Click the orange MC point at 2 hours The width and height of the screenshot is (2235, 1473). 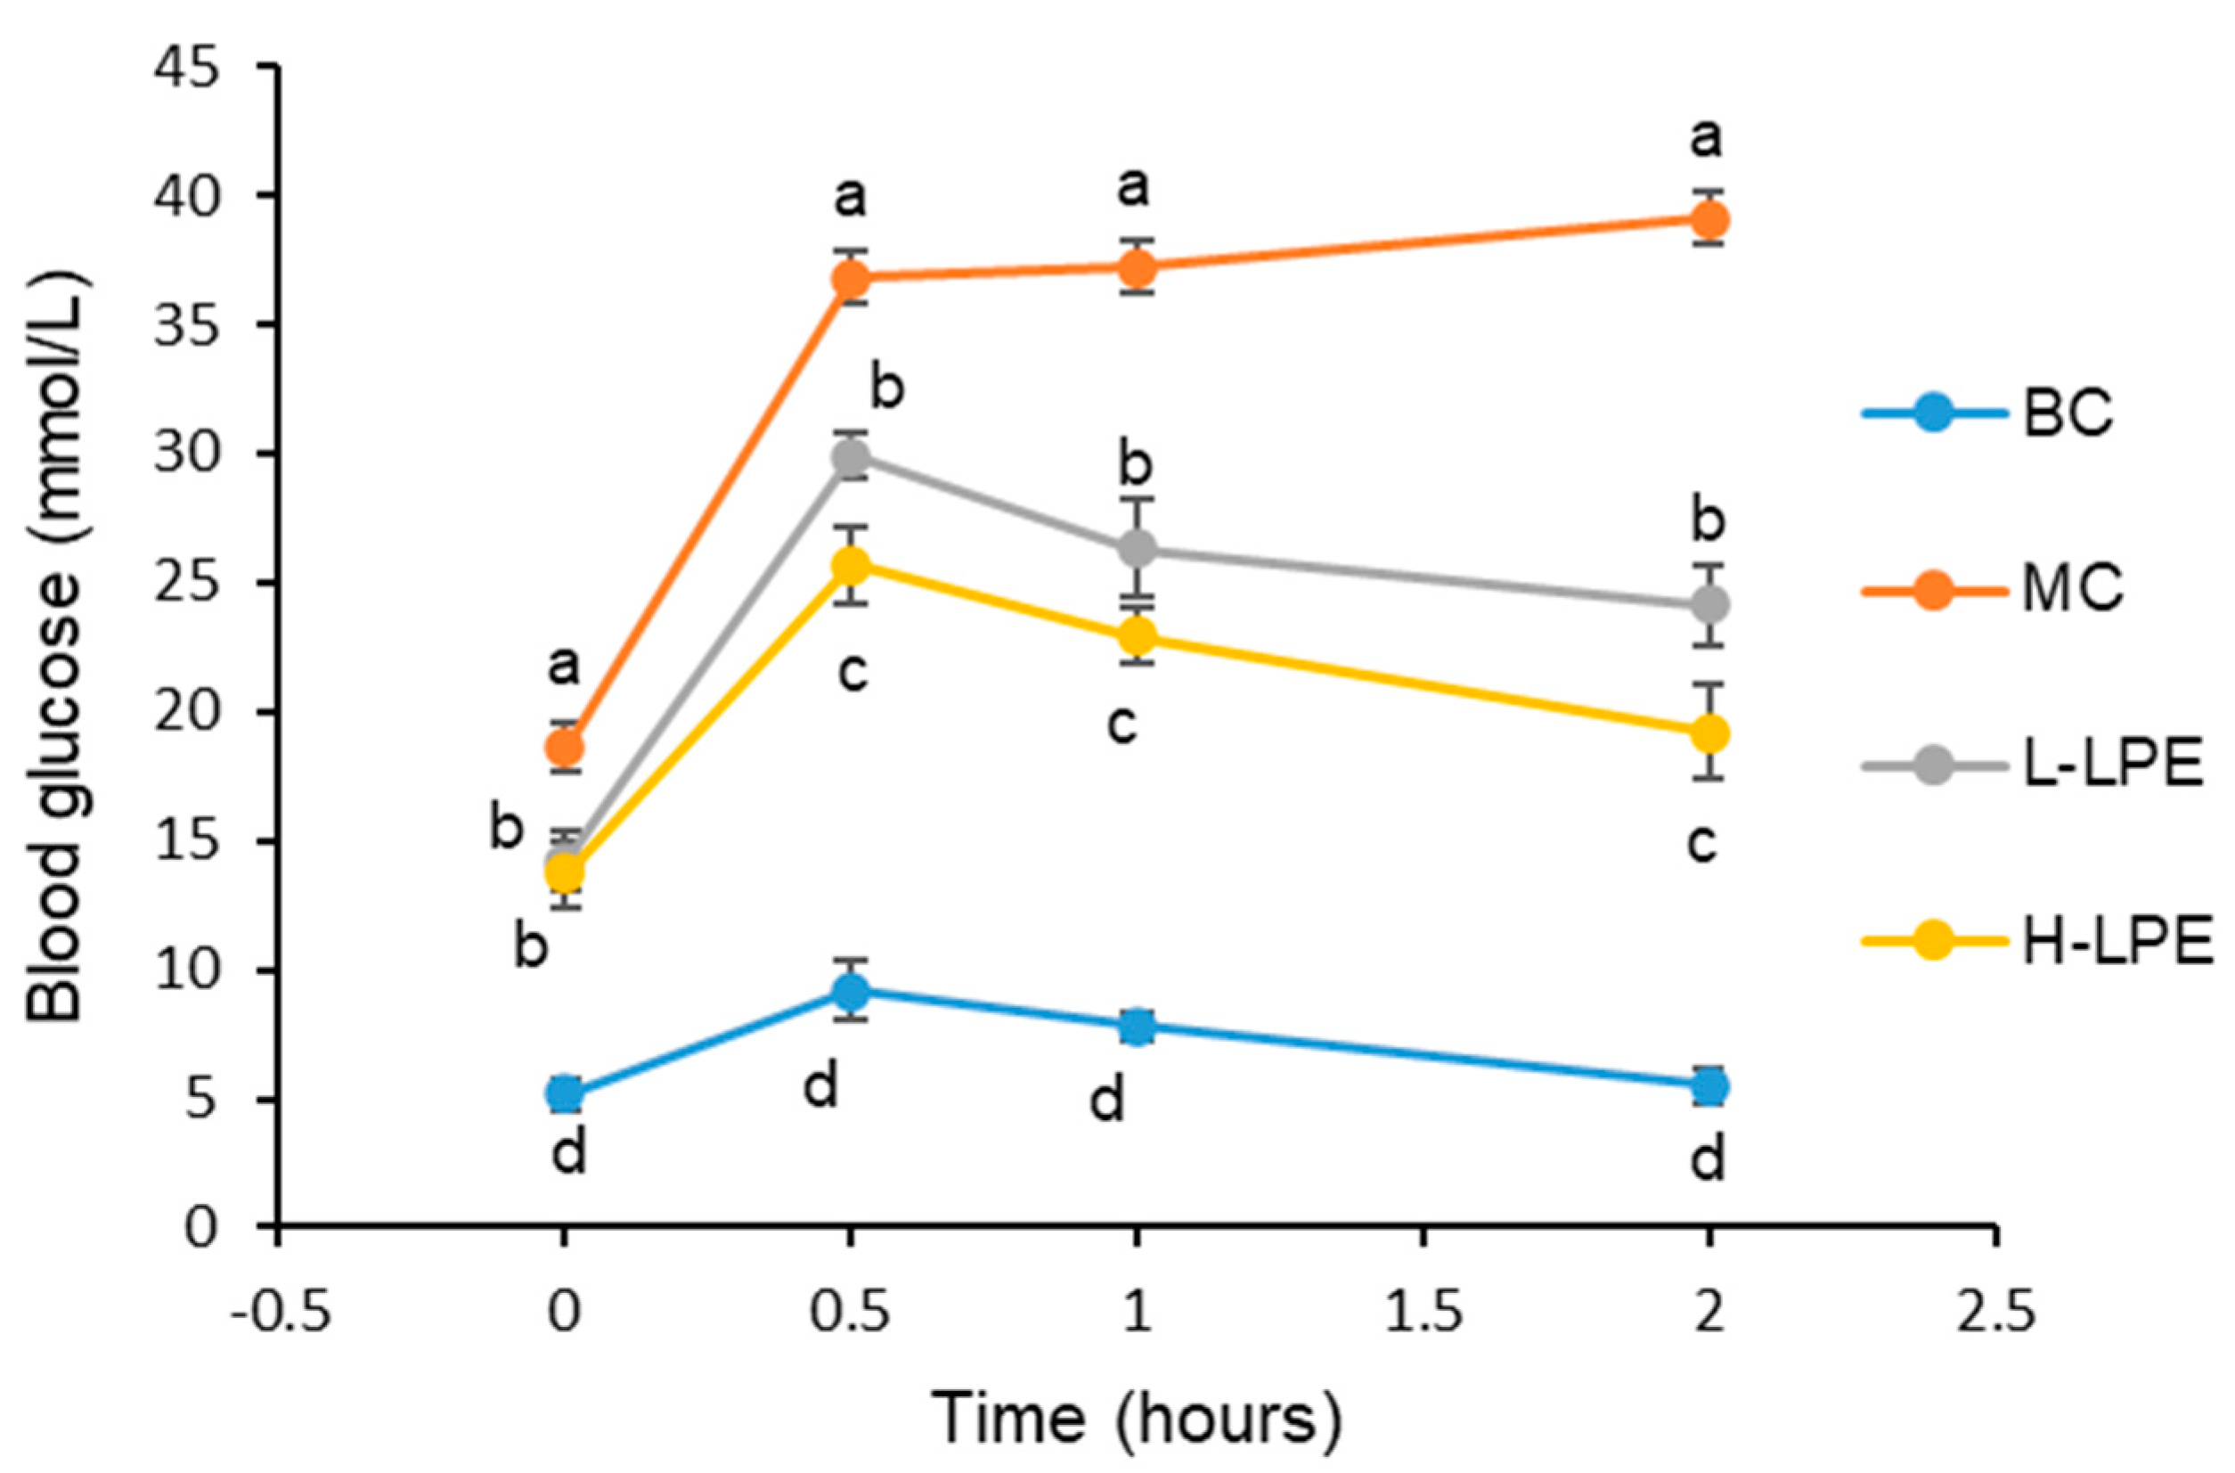pos(1709,222)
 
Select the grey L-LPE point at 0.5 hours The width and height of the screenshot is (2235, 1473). pos(851,457)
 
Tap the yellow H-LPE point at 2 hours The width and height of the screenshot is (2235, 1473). pos(1709,733)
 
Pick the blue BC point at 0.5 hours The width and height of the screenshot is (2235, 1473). pos(851,989)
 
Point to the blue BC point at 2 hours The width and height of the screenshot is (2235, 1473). pos(1709,1087)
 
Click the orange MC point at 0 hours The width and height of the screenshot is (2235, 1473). pos(565,747)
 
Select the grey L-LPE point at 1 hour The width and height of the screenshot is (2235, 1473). pos(1138,549)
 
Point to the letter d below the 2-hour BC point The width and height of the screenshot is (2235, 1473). pos(1708,1158)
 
